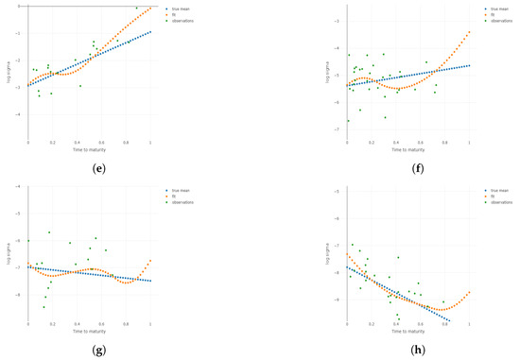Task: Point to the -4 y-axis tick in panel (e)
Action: (21, 114)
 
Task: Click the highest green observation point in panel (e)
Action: (136, 8)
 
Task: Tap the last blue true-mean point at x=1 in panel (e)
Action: (150, 31)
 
